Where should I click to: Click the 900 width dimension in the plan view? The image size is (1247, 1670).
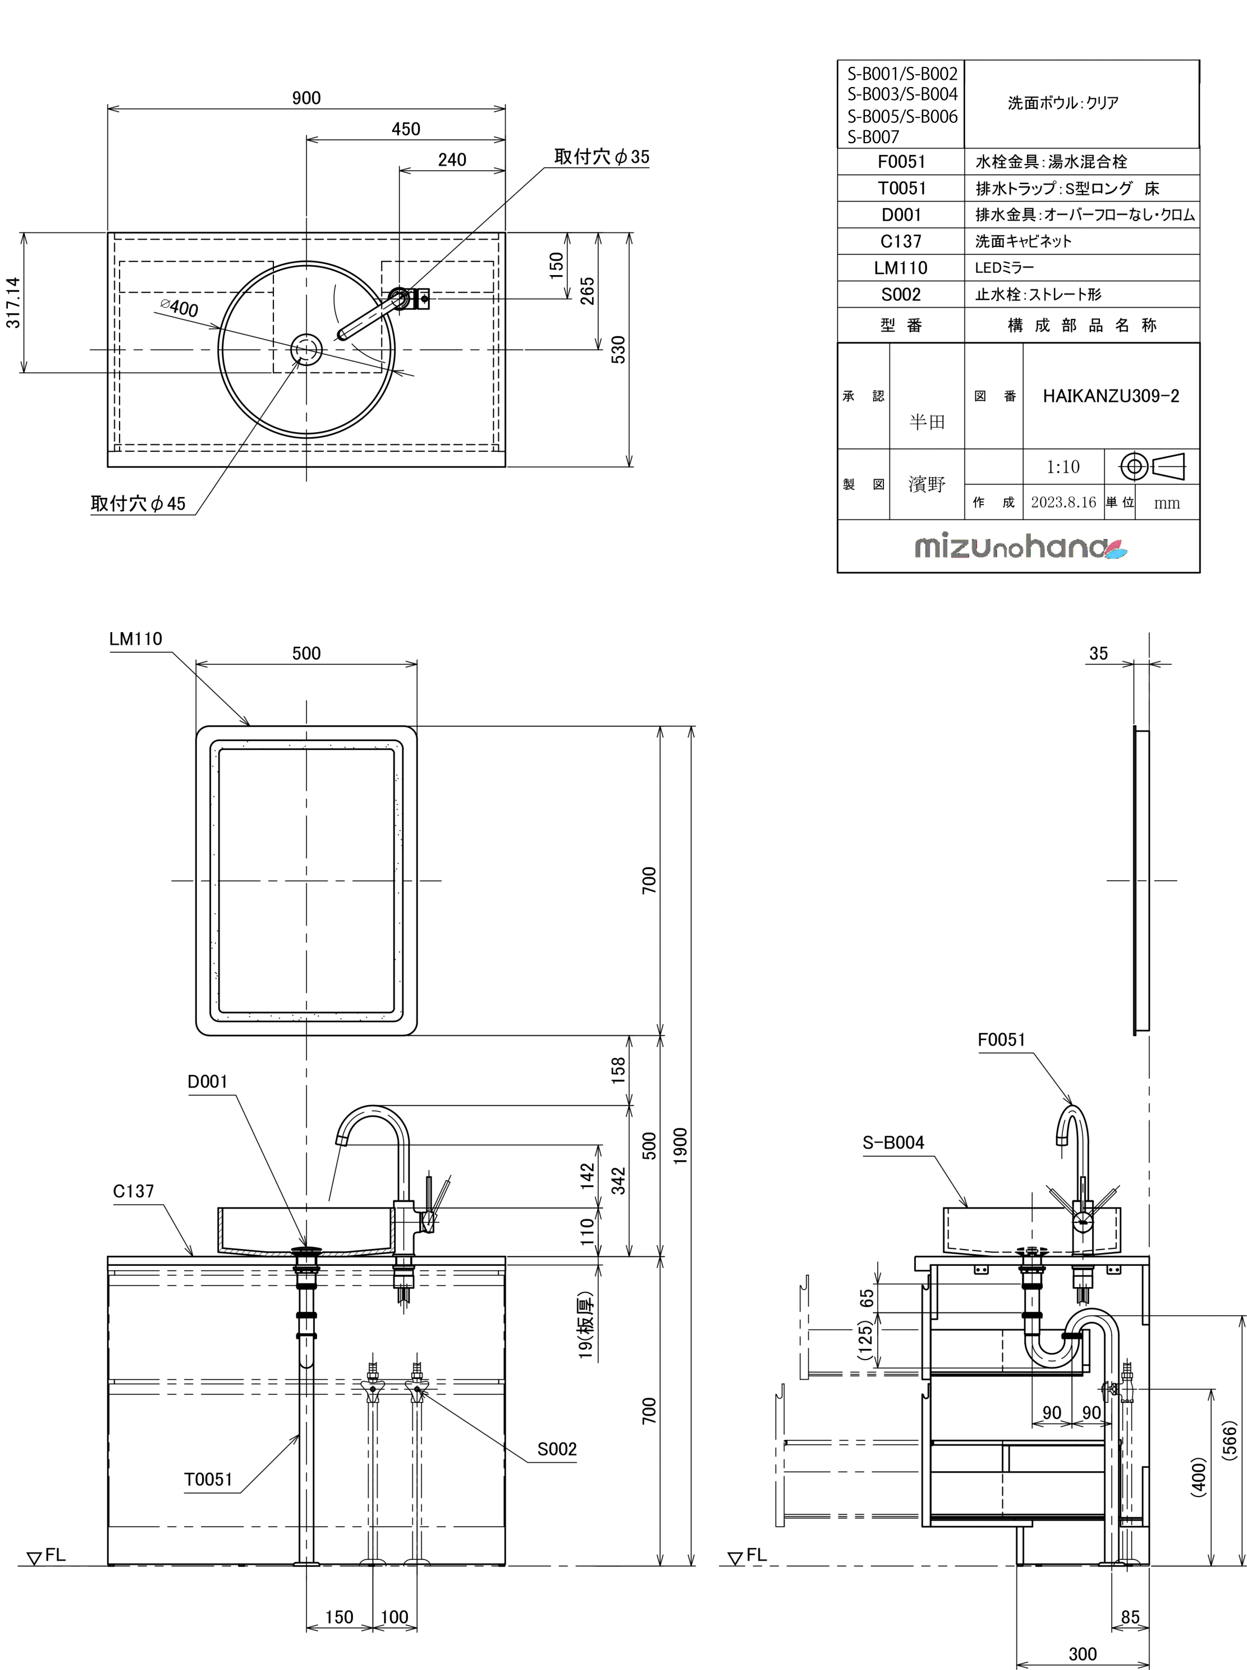click(x=306, y=98)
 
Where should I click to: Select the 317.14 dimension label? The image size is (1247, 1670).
click(x=13, y=303)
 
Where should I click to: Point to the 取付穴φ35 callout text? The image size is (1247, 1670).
click(x=602, y=157)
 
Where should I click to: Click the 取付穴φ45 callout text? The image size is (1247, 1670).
click(x=138, y=504)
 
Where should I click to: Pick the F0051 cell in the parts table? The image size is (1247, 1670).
click(x=901, y=162)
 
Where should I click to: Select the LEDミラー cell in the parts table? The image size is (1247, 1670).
click(x=1004, y=268)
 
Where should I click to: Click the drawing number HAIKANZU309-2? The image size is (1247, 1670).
click(x=1111, y=396)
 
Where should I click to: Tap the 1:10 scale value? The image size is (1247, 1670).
click(x=1063, y=468)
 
